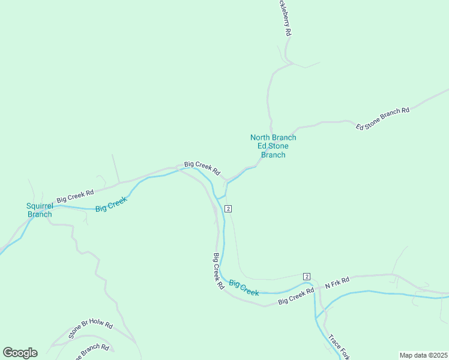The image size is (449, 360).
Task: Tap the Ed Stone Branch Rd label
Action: tap(382, 118)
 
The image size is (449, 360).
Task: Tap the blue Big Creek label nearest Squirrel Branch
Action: tap(111, 204)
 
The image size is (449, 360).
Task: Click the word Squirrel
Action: tap(40, 206)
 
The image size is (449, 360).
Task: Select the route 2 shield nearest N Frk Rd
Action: tap(307, 276)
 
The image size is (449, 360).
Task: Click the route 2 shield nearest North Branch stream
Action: tap(228, 208)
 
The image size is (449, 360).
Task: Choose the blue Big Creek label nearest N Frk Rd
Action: tap(244, 288)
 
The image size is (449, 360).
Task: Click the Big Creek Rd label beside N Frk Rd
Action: tap(296, 296)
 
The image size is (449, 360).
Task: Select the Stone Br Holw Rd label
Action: tap(91, 330)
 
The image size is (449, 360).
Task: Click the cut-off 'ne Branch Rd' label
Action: tap(91, 352)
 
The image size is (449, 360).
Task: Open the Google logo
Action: tap(20, 352)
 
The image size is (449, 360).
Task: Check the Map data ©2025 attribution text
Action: tap(423, 355)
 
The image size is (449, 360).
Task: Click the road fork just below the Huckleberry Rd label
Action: tap(287, 61)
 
